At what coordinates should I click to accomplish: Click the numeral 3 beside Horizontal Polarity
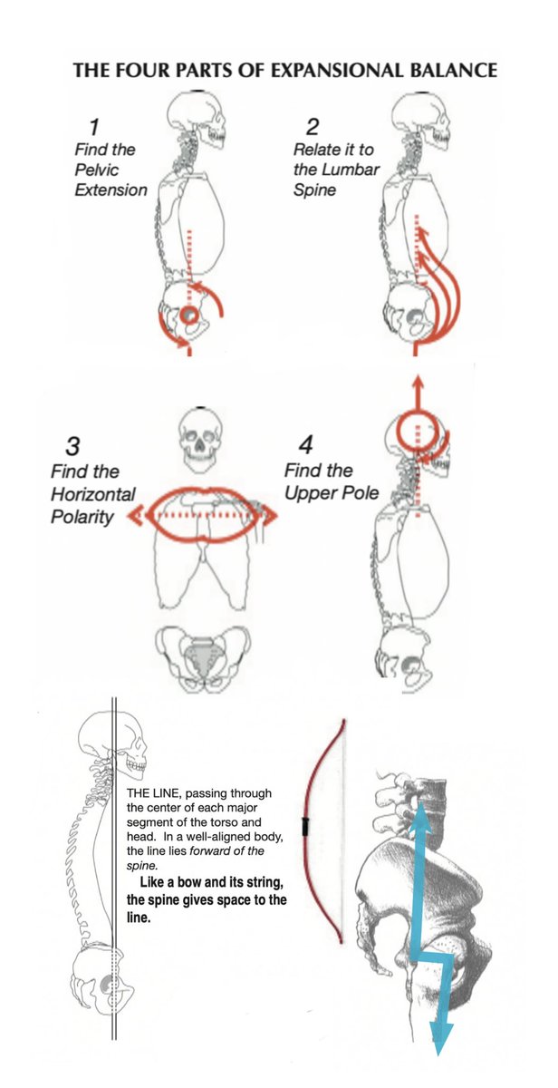click(73, 446)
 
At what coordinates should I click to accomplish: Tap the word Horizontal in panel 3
click(92, 494)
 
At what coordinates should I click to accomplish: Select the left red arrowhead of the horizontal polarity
click(136, 516)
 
